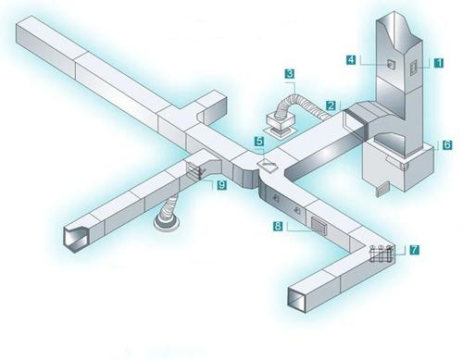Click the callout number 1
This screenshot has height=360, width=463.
click(438, 63)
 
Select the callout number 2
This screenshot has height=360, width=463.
click(331, 106)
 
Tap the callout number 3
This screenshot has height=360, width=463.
click(289, 74)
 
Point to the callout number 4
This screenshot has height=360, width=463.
click(351, 59)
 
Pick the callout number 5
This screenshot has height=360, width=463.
click(259, 141)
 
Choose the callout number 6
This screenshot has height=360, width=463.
click(447, 144)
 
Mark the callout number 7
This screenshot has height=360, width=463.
click(414, 250)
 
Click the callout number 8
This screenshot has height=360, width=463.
click(278, 226)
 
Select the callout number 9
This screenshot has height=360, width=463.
click(221, 185)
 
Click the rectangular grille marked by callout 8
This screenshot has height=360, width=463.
click(319, 226)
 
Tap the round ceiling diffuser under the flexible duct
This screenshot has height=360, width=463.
click(167, 223)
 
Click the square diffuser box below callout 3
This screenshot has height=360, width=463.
click(281, 124)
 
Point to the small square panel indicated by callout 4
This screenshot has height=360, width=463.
click(391, 64)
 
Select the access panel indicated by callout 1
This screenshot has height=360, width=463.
click(413, 68)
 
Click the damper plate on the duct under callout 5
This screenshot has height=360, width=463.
click(268, 164)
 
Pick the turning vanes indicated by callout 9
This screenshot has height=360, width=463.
click(194, 170)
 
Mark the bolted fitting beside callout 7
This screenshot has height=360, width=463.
click(382, 254)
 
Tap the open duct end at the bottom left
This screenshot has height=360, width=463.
click(75, 239)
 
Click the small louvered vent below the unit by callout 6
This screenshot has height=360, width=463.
click(382, 189)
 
